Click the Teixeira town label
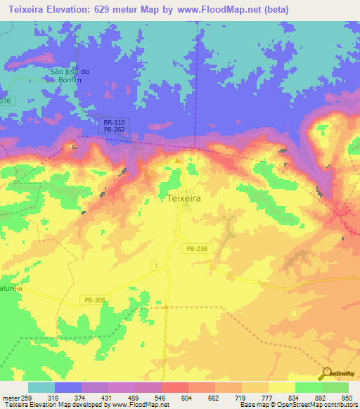(185, 199)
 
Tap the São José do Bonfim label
(68, 75)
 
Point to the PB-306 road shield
(96, 300)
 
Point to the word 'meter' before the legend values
(8, 397)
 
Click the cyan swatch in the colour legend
(41, 387)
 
